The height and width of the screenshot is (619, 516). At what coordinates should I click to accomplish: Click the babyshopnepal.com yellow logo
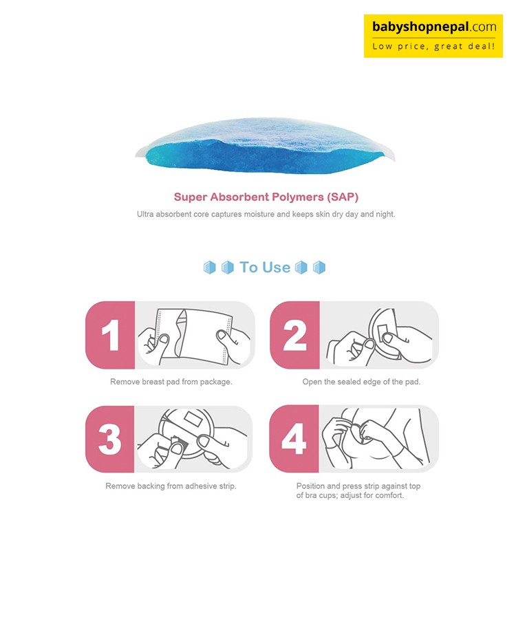[433, 36]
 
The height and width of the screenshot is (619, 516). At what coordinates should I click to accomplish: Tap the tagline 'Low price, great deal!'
[433, 46]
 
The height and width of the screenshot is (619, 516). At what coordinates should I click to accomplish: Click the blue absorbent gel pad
[264, 146]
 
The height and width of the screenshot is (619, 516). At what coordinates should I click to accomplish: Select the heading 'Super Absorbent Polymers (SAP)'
[266, 197]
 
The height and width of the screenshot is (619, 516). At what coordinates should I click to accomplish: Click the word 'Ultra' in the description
[145, 214]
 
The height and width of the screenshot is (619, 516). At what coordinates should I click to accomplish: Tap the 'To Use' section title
[265, 268]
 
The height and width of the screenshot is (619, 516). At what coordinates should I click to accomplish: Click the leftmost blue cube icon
[210, 268]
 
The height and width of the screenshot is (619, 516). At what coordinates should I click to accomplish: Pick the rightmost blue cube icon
[319, 268]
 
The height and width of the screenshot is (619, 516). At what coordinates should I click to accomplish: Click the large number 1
[111, 335]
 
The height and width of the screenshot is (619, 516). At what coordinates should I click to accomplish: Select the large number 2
[294, 335]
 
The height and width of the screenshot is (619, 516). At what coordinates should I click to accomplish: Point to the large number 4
[294, 439]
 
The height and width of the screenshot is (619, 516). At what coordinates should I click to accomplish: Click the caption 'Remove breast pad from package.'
[171, 382]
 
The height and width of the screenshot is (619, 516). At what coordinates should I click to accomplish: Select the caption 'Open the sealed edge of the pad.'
[361, 382]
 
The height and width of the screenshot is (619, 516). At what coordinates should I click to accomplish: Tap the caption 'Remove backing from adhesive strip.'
[171, 486]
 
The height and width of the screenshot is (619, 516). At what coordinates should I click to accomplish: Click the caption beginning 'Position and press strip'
[358, 490]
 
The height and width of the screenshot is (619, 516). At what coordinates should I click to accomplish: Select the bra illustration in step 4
[379, 438]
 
